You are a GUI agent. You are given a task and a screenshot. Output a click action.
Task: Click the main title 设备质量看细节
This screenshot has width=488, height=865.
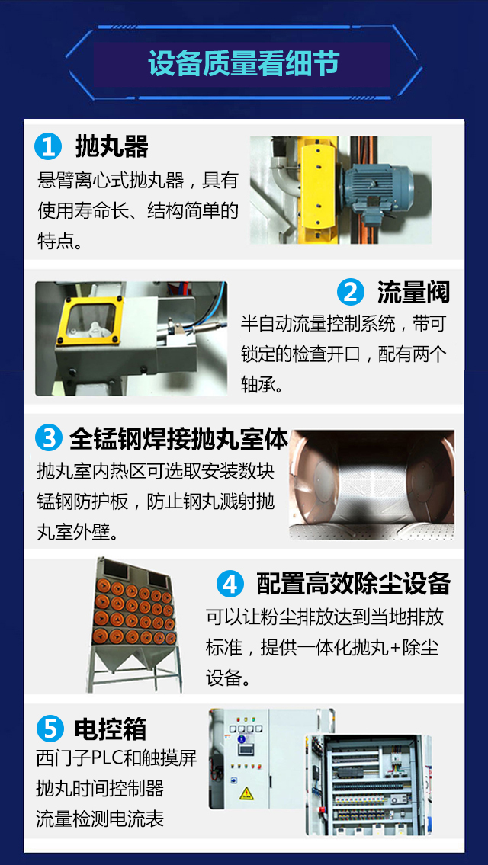[x=243, y=64]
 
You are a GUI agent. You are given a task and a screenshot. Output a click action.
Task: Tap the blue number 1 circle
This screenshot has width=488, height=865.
[x=48, y=148]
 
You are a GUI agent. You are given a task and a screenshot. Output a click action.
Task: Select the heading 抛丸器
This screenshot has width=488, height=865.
[x=112, y=147]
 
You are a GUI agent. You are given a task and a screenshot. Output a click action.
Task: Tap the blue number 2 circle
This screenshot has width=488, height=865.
[x=351, y=292]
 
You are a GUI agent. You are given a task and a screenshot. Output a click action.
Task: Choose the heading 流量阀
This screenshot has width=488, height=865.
[x=414, y=292]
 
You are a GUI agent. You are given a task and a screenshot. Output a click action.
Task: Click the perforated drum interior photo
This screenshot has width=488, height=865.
[x=371, y=485]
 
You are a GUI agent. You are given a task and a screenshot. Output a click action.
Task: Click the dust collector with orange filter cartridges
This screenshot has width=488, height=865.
[x=134, y=623]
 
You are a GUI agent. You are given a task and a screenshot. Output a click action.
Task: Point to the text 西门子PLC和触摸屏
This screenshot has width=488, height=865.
[x=117, y=758]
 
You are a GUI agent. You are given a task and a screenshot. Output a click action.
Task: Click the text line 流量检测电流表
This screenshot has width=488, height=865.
[x=100, y=818]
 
